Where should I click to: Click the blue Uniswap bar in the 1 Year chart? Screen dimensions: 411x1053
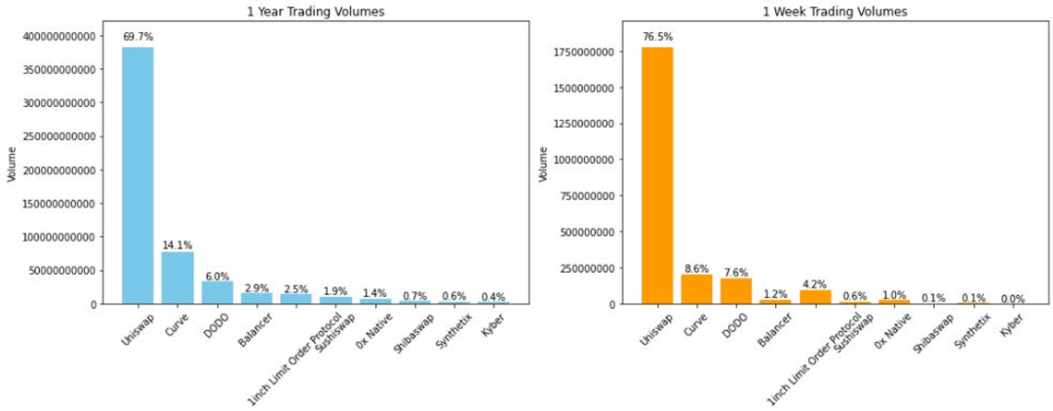click(137, 175)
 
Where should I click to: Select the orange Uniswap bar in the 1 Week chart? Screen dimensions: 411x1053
click(657, 175)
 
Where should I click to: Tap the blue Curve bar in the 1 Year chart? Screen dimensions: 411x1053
click(177, 278)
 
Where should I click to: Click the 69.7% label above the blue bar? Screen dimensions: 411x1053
click(137, 37)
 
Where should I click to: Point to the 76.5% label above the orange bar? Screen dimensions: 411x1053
click(657, 37)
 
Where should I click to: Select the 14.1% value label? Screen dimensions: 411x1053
click(177, 245)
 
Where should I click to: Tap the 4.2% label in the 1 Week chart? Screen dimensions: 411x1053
click(815, 284)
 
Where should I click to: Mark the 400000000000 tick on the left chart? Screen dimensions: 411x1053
click(64, 36)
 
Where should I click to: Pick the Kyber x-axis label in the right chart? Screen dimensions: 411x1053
click(1010, 324)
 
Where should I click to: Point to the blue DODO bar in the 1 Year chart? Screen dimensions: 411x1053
click(217, 292)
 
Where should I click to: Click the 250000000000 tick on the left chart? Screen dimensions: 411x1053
click(64, 136)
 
